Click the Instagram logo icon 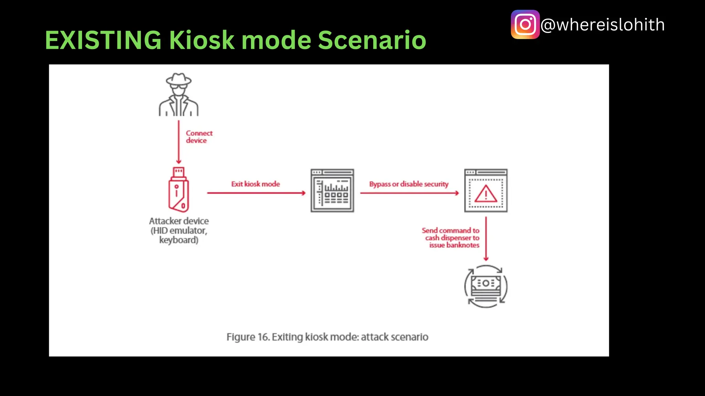[x=525, y=24]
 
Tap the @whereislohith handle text [x=602, y=25]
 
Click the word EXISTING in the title [x=103, y=40]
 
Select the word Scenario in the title [x=372, y=40]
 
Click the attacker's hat [x=178, y=79]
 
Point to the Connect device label [x=199, y=137]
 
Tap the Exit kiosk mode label [x=255, y=184]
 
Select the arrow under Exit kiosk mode [x=256, y=193]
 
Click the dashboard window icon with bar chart [x=332, y=190]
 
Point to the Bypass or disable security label [x=409, y=184]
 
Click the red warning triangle [x=486, y=194]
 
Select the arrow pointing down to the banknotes [x=486, y=239]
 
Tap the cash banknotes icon [x=486, y=286]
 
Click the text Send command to [x=450, y=230]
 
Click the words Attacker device [x=179, y=221]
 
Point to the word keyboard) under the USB [x=179, y=240]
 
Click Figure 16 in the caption [x=248, y=337]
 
